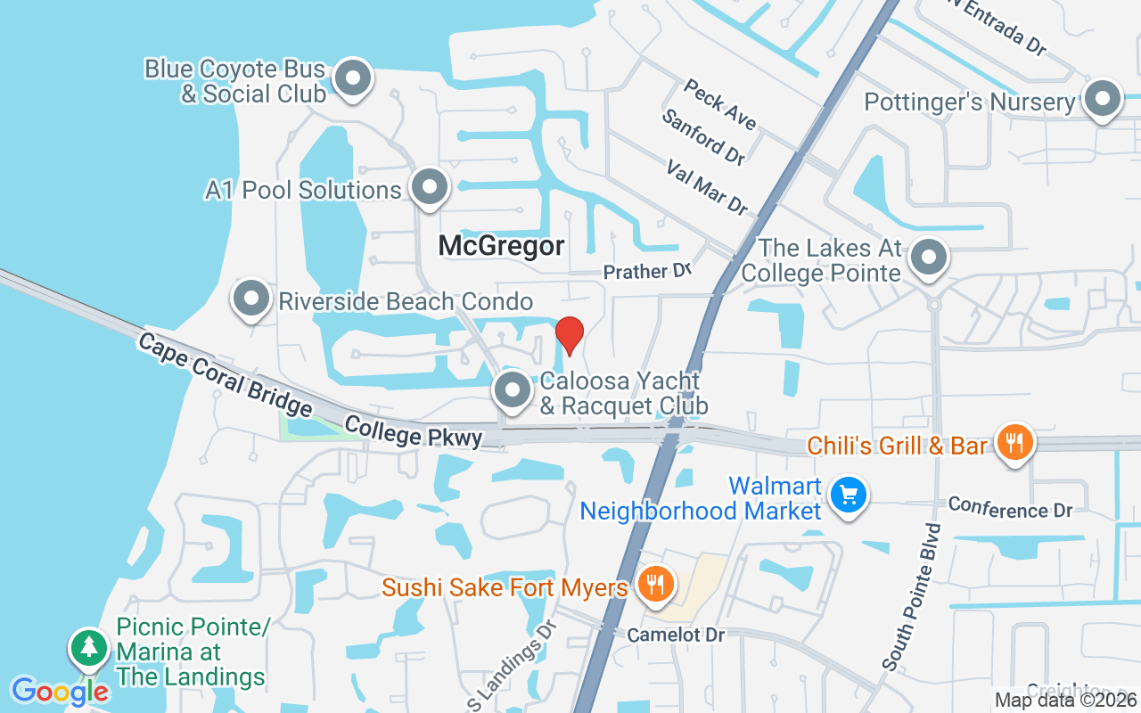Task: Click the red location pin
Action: coord(570,334)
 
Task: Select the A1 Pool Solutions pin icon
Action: coord(430,187)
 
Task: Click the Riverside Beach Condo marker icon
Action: coord(250,299)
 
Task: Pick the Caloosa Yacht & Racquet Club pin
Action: coord(513,389)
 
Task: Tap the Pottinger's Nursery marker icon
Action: coord(1102,99)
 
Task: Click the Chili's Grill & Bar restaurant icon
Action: coord(1014,440)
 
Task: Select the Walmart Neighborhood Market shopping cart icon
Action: coord(847,495)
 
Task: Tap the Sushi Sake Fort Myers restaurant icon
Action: coord(656,584)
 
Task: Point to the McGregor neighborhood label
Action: coord(501,246)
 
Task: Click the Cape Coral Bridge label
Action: coord(225,375)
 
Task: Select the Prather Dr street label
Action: coord(647,271)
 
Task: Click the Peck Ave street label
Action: coord(719,104)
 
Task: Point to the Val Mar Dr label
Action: coord(708,187)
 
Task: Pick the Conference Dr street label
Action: coord(1010,508)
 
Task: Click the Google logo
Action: coord(60,691)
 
